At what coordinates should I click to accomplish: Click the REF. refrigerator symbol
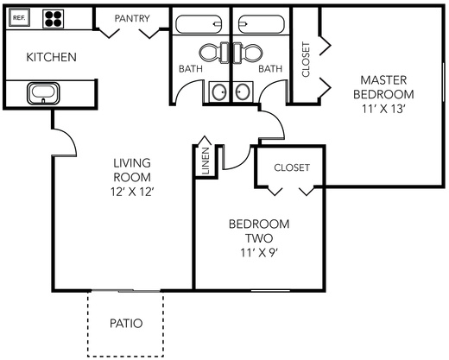[19, 17]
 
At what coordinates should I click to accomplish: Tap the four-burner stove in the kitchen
[54, 19]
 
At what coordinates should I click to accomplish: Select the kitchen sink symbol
[43, 93]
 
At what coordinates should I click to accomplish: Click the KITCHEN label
[52, 57]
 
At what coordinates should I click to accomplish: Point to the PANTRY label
[132, 18]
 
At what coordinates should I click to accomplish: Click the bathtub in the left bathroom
[199, 24]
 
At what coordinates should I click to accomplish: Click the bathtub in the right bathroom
[262, 24]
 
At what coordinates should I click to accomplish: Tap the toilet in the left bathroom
[214, 53]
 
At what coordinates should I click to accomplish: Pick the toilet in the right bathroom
[248, 53]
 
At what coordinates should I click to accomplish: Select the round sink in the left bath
[219, 92]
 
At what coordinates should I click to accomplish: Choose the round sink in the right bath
[243, 92]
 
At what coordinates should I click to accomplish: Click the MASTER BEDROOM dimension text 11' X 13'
[383, 109]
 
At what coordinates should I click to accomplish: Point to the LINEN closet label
[206, 161]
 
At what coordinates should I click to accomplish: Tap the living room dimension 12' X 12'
[131, 192]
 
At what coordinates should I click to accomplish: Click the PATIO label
[126, 324]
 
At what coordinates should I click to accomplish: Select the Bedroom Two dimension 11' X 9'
[259, 253]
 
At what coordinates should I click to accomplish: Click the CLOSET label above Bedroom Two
[292, 167]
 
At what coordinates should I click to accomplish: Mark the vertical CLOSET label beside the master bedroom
[306, 60]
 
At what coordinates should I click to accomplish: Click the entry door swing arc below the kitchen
[69, 137]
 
